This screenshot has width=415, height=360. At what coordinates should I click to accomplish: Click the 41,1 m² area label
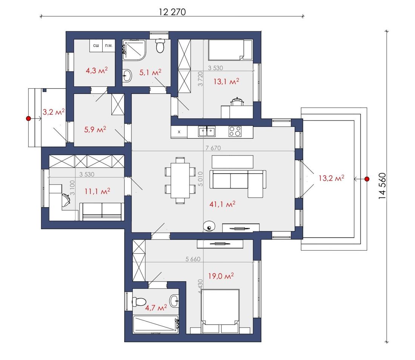(222, 204)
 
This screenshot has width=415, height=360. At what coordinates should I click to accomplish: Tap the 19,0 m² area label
(221, 276)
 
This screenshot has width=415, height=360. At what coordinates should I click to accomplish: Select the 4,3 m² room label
(97, 71)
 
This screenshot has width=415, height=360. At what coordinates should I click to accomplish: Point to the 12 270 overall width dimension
(172, 12)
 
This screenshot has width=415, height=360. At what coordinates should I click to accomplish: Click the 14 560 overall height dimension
(382, 186)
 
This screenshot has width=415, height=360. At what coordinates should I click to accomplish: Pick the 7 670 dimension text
(213, 148)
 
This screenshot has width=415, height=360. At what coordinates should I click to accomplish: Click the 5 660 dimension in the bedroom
(193, 259)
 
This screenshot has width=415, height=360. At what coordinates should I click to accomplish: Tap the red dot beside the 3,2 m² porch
(29, 118)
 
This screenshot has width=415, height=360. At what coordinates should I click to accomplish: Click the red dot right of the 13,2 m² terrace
(367, 179)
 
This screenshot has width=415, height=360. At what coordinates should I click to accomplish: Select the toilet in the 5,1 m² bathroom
(160, 46)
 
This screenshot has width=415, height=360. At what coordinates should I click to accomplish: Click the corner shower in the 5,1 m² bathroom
(134, 50)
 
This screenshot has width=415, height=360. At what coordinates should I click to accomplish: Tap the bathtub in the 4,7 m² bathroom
(155, 324)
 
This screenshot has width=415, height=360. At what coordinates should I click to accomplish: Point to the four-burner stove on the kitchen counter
(235, 132)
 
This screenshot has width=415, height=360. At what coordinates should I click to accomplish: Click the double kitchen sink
(207, 132)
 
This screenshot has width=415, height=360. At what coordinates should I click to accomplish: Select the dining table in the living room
(180, 180)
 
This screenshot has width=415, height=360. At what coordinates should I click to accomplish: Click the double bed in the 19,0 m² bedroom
(220, 311)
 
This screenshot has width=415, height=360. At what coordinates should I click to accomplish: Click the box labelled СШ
(96, 46)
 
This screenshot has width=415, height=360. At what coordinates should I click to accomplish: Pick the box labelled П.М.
(109, 46)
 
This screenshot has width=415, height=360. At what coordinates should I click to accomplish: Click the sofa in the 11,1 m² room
(102, 211)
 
